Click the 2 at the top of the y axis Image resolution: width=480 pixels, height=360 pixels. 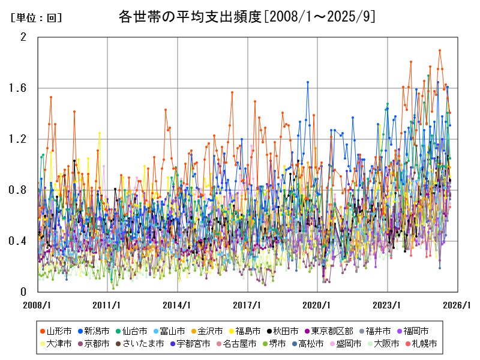tap(24, 37)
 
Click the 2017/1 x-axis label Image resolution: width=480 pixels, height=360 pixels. tap(248, 304)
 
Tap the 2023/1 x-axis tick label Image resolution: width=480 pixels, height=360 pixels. tap(388, 304)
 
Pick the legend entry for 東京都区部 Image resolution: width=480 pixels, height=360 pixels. tap(328, 331)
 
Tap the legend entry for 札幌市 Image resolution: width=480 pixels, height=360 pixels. tap(424, 344)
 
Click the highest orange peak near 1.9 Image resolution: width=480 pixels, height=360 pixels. tap(440, 50)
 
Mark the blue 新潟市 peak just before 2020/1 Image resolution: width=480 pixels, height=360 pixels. tap(308, 82)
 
